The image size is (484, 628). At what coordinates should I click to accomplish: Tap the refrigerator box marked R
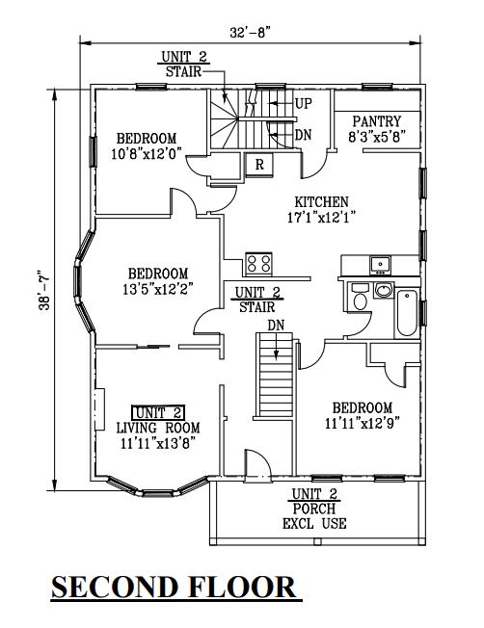pyautogui.click(x=259, y=164)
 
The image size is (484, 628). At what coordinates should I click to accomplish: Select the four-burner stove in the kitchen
pyautogui.click(x=258, y=264)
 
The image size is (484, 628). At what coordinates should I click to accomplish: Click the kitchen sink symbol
pyautogui.click(x=380, y=265)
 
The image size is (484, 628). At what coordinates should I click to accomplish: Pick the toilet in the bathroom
pyautogui.click(x=360, y=297)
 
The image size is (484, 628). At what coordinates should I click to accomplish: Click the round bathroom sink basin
pyautogui.click(x=384, y=290)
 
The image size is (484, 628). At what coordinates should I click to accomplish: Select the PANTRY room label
pyautogui.click(x=377, y=121)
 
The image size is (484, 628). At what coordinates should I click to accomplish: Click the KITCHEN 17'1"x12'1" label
pyautogui.click(x=322, y=209)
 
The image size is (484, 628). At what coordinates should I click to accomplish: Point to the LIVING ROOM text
pyautogui.click(x=158, y=428)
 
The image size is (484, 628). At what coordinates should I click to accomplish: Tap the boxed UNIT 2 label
pyautogui.click(x=158, y=412)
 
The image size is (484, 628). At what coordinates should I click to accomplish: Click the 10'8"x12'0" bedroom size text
pyautogui.click(x=147, y=153)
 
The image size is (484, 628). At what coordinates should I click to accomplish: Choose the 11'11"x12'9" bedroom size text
pyautogui.click(x=363, y=423)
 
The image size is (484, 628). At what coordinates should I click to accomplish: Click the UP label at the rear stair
pyautogui.click(x=303, y=103)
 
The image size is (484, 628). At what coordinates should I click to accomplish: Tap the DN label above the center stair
pyautogui.click(x=276, y=326)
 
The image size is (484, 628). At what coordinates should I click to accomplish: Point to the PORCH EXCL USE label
pyautogui.click(x=314, y=509)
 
